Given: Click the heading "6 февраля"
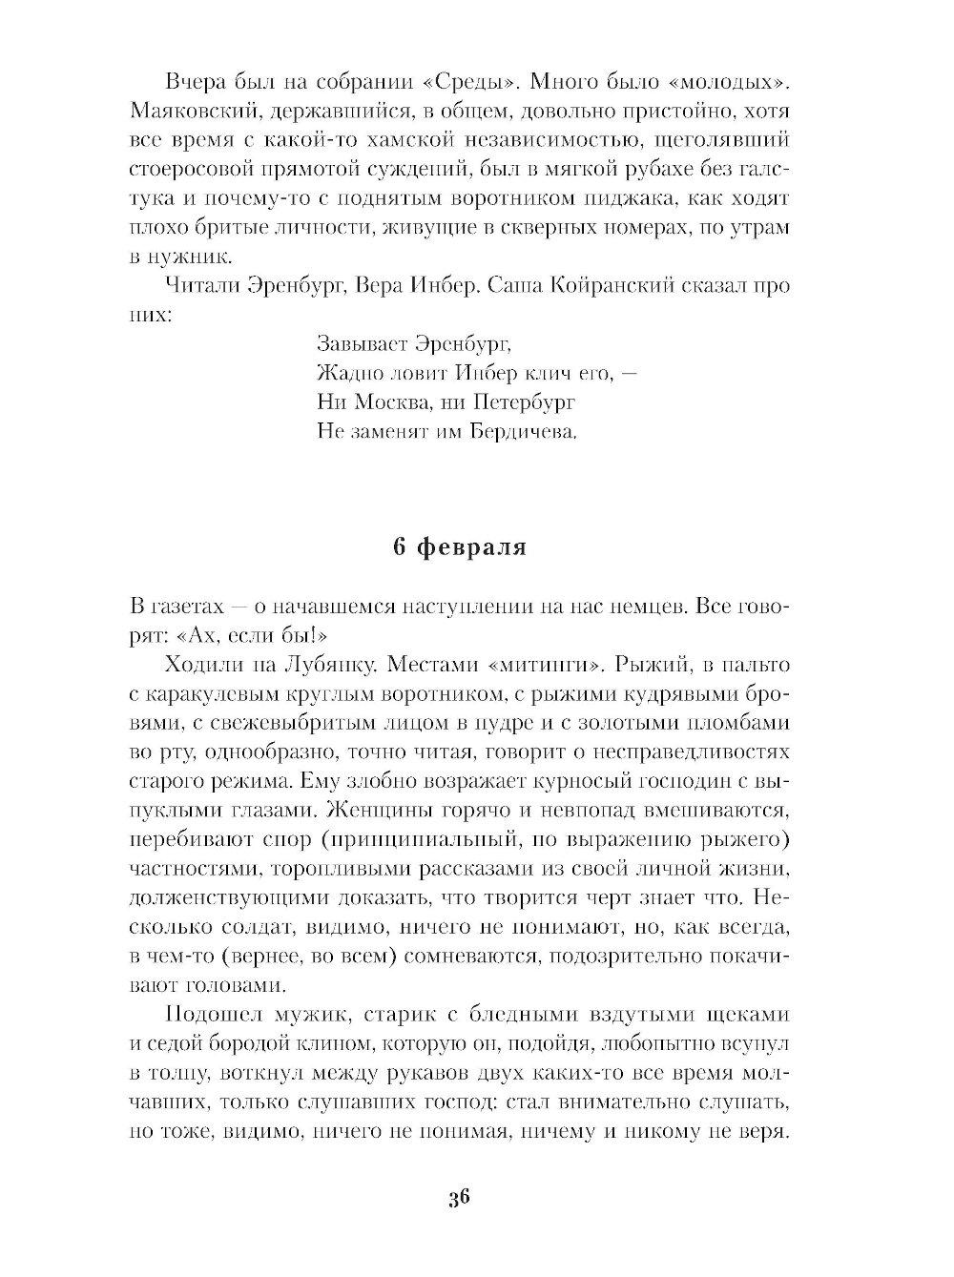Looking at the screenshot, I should click(460, 549).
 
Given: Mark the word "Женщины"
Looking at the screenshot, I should click(365, 810).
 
